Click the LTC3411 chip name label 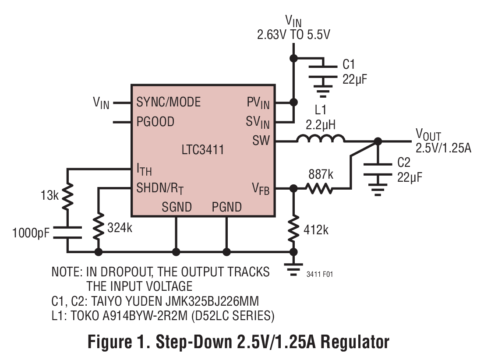coord(203,150)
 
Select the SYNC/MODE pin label coord(168,102)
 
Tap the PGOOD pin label coord(155,121)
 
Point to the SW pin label coord(261,141)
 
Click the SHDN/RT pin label coord(160,188)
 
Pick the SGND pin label coord(177,207)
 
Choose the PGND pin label coord(226,207)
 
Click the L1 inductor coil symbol coord(321,139)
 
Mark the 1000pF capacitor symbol coord(67,233)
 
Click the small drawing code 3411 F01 coord(320,275)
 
